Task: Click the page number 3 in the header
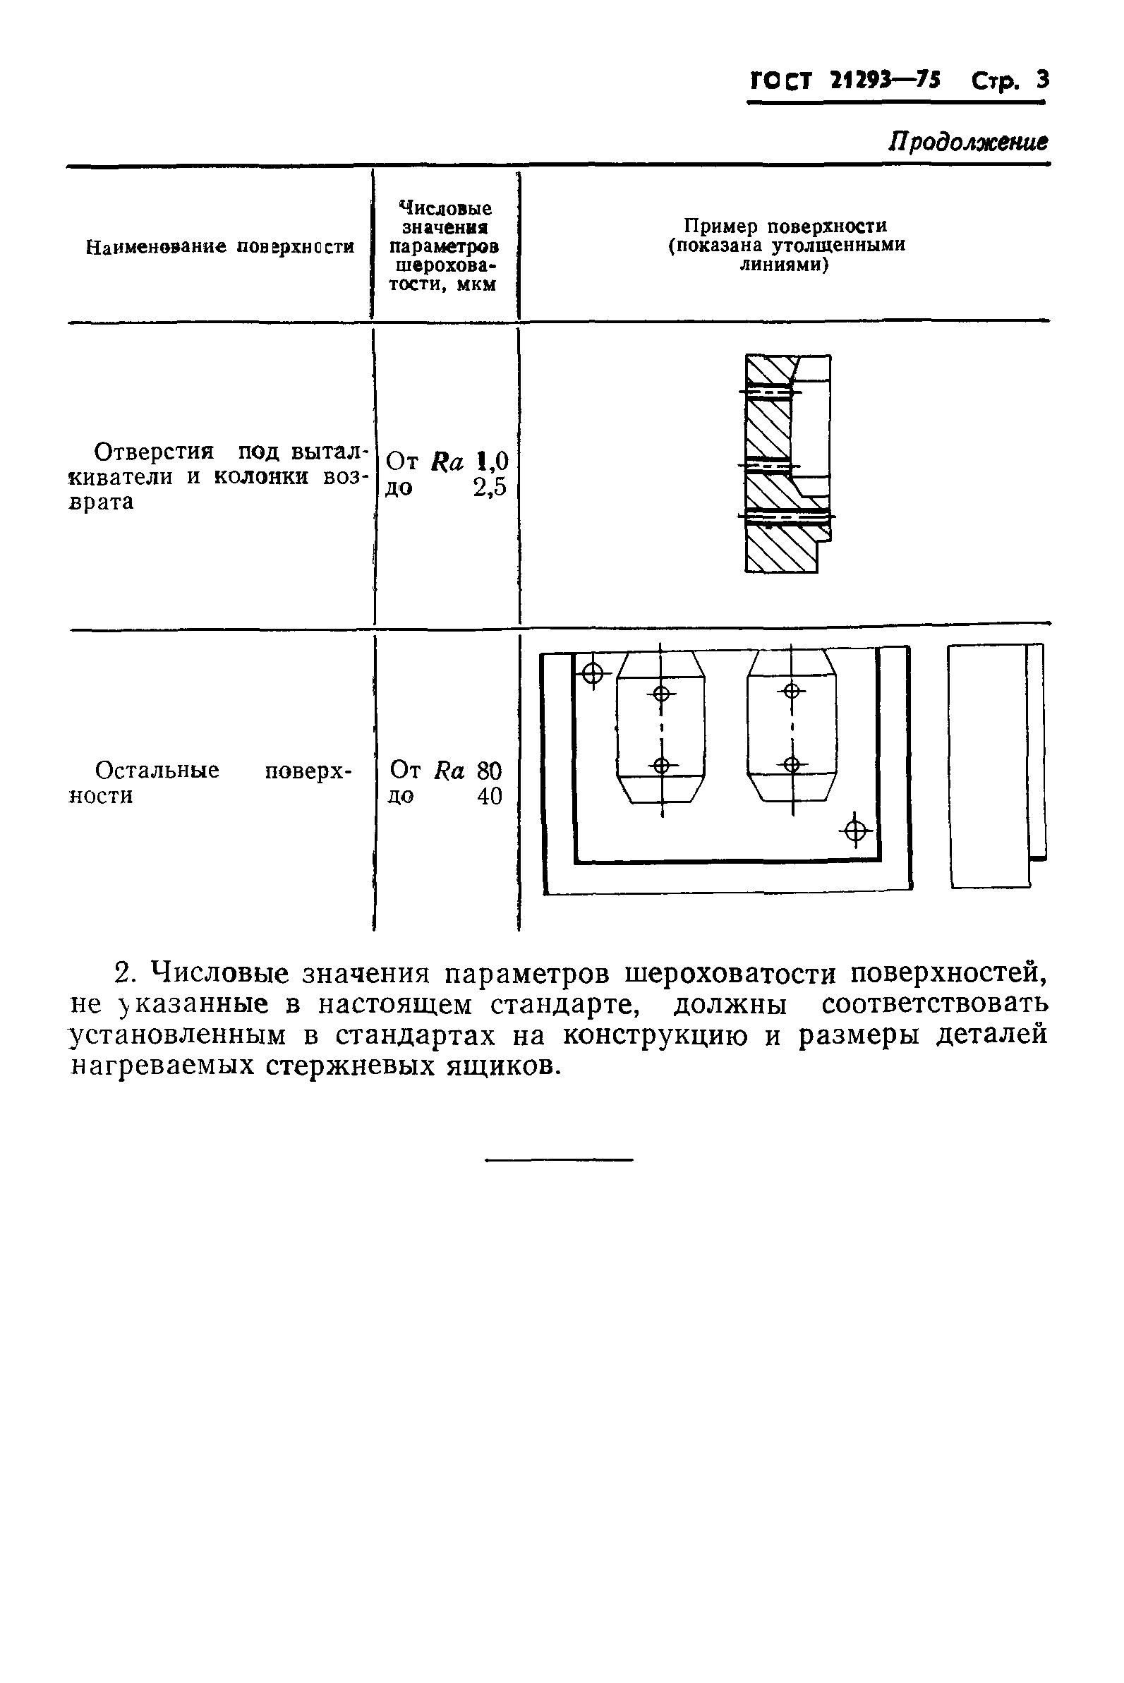[x=1041, y=80]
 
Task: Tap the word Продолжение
[x=968, y=141]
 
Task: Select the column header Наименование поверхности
[x=219, y=247]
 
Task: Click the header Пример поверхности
[x=785, y=227]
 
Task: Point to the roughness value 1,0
[x=492, y=461]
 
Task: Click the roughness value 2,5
[x=490, y=488]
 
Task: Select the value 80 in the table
[x=489, y=771]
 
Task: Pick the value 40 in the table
[x=490, y=797]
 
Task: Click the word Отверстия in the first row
[x=154, y=452]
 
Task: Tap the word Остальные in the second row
[x=157, y=771]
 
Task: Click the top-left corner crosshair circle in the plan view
[x=592, y=673]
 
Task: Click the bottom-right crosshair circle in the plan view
[x=854, y=831]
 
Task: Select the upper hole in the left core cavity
[x=662, y=693]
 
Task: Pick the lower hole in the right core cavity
[x=792, y=764]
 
